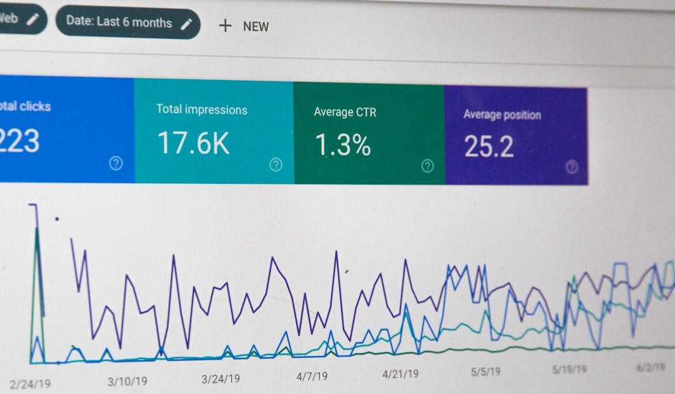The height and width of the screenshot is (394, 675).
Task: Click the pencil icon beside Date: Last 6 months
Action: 186,24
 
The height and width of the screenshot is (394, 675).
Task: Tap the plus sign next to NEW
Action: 225,26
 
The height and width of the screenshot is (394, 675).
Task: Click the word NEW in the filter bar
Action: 256,26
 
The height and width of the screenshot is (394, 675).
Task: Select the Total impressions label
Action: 201,109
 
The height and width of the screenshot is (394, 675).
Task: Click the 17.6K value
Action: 193,143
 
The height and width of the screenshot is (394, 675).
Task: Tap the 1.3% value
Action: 342,145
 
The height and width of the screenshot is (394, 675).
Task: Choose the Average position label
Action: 502,114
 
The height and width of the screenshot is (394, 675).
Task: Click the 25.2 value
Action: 489,146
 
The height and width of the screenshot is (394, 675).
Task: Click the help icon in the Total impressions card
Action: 276,164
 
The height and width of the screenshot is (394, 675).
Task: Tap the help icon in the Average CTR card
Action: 427,166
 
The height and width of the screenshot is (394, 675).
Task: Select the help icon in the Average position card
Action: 571,166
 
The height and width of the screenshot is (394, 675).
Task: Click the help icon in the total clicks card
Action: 116,163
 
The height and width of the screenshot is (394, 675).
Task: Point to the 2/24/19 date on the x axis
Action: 31,383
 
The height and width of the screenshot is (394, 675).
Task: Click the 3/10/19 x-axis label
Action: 127,381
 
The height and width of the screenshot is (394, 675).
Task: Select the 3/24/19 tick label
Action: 221,379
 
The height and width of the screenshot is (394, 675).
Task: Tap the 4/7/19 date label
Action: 311,376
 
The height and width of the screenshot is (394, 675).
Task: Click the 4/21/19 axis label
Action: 401,374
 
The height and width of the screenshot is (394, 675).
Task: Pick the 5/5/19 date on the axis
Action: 486,371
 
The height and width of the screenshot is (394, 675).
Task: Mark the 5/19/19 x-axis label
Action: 569,370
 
